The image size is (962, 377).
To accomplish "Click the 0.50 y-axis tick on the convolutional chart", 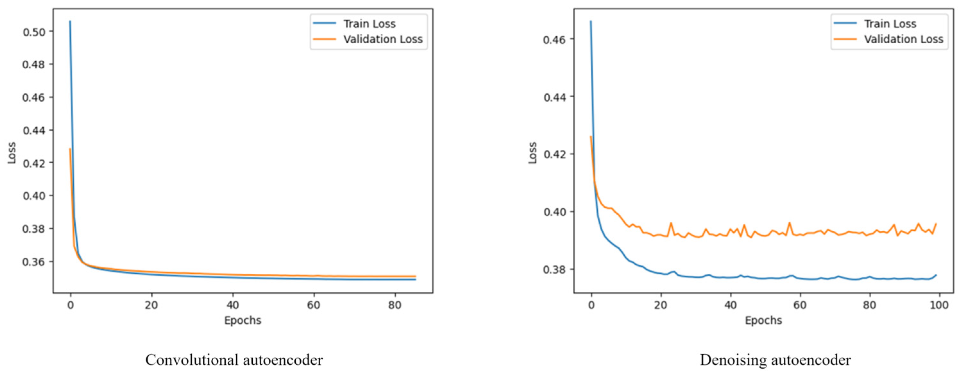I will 34,32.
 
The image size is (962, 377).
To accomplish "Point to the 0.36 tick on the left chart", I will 34,262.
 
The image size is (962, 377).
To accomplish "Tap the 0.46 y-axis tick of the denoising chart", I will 554,39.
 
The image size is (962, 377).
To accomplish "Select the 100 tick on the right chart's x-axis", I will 939,305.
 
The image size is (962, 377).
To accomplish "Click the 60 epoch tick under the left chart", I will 314,305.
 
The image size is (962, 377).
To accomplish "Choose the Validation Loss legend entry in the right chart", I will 903,39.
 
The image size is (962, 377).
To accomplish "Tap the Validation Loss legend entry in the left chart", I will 383,39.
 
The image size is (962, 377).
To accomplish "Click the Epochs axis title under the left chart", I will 243,321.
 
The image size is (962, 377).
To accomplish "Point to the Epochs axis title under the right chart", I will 763,321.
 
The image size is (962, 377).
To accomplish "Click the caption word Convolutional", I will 192,360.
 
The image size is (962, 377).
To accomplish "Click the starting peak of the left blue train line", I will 70,21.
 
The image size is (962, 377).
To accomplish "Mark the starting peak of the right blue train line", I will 591,21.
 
